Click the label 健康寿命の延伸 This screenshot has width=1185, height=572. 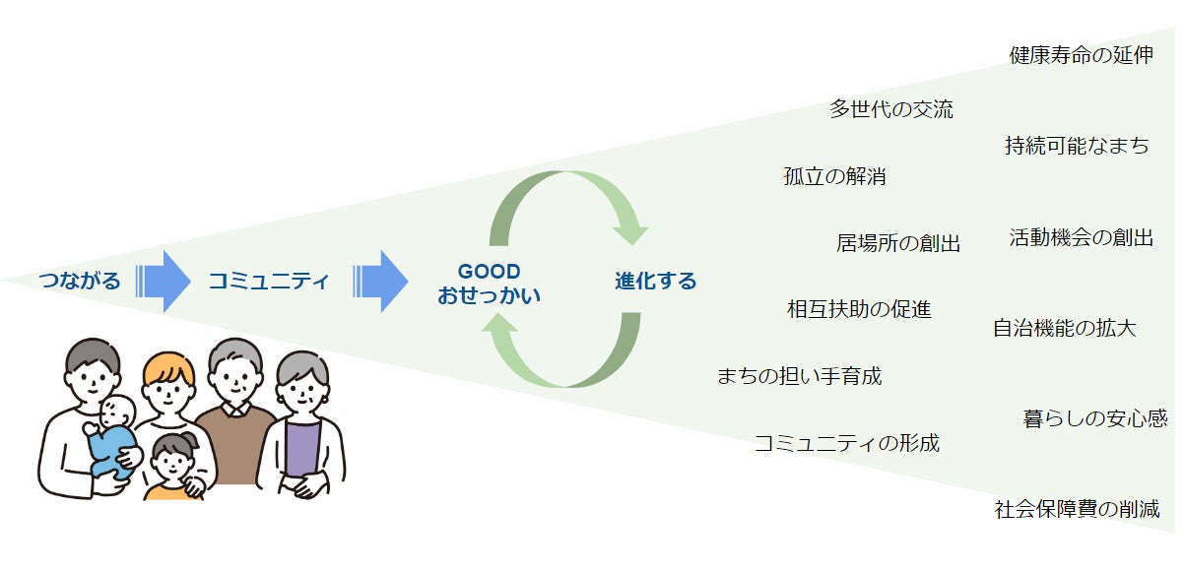coord(1081,54)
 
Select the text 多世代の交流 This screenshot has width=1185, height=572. coord(890,109)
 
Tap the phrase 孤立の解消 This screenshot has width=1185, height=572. coord(834,177)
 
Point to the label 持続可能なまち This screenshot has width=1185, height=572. coord(1077,146)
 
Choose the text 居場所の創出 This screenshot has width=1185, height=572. coord(897,243)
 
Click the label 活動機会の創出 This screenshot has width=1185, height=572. coord(1081,237)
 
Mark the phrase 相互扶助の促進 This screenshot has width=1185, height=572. coord(859,309)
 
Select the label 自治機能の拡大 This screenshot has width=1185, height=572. coord(1064,328)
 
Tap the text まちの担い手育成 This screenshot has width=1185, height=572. coord(799,375)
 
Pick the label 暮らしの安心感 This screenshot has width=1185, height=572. coord(1095,418)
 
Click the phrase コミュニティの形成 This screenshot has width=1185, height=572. coord(846,443)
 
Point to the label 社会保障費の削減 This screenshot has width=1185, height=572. coord(1077,509)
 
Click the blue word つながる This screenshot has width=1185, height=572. coord(80,282)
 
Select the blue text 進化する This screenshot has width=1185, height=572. coord(655,282)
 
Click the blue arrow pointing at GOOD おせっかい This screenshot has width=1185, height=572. coord(380,282)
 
